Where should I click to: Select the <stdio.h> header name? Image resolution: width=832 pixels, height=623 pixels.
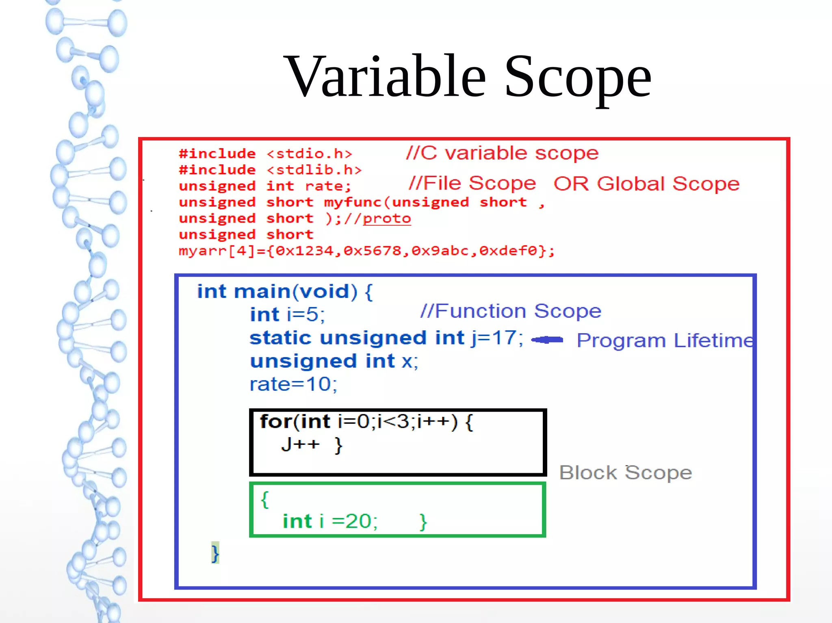click(309, 154)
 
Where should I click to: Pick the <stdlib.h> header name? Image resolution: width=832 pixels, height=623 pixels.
click(314, 170)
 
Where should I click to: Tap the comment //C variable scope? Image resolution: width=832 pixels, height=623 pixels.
click(502, 153)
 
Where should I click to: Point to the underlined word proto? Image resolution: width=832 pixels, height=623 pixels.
click(387, 219)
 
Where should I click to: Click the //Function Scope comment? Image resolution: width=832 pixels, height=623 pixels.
click(511, 311)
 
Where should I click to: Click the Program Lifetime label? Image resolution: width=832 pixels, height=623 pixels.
click(665, 340)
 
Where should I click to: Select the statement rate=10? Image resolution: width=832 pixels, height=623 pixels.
click(293, 384)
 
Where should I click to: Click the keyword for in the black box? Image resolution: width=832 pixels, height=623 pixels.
click(276, 421)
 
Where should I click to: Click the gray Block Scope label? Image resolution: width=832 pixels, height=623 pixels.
click(626, 473)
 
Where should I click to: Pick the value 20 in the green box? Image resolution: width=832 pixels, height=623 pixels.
click(357, 521)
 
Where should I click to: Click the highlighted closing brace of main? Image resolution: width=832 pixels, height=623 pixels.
click(215, 553)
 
